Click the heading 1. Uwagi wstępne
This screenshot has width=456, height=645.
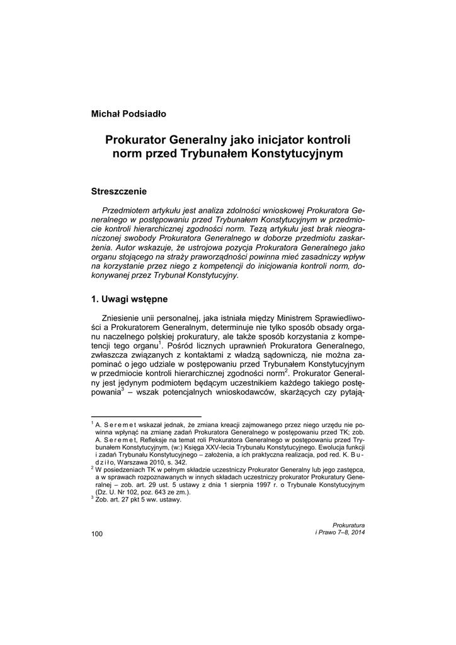click(129, 299)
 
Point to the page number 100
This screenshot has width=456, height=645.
click(97, 534)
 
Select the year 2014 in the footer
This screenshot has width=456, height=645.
click(356, 532)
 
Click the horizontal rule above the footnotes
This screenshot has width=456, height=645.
click(146, 416)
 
